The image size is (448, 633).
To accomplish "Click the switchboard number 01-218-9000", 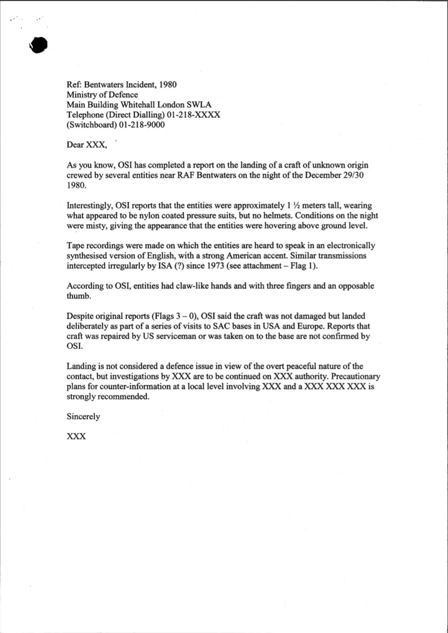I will (x=142, y=125).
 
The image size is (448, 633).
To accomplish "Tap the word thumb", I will (x=79, y=296).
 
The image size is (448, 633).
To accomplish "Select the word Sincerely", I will (x=83, y=417).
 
